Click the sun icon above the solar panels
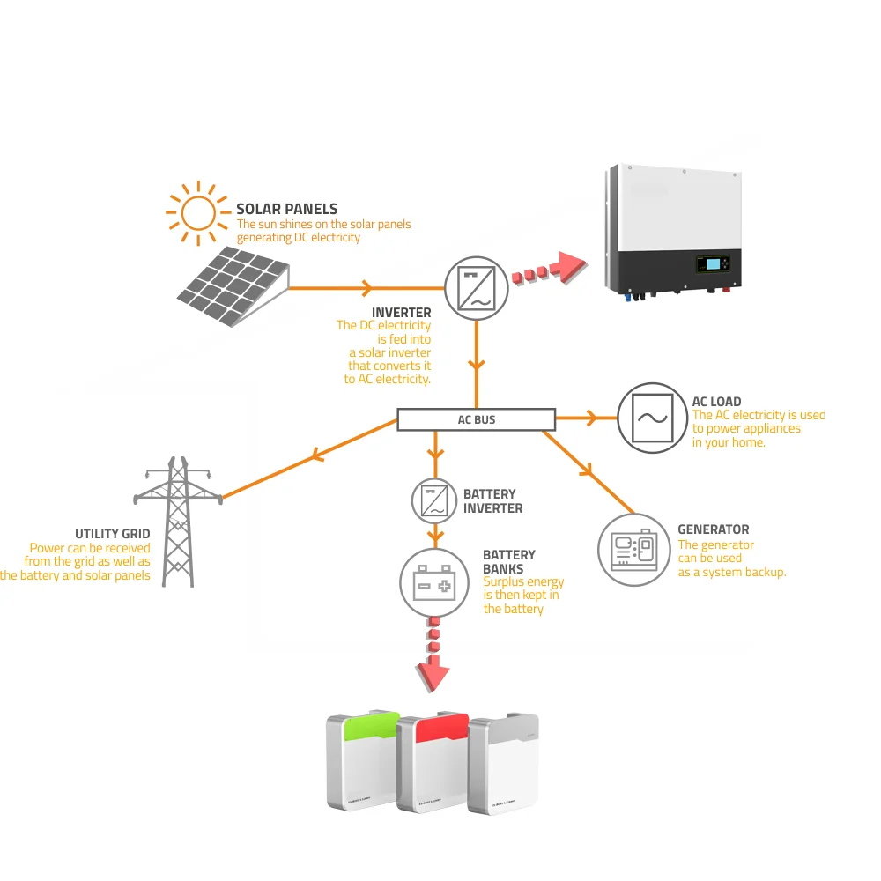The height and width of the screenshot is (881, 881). point(198,212)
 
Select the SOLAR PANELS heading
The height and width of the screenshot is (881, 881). point(287,209)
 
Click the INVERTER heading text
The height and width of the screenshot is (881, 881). point(402,313)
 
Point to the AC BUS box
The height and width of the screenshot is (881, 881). point(477,420)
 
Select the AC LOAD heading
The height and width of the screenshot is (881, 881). point(716,402)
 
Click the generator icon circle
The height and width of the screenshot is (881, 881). point(634,550)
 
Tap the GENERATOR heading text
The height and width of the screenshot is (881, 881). point(714,529)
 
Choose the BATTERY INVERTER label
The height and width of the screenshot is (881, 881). point(492,501)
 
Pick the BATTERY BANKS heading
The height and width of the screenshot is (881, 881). point(508,562)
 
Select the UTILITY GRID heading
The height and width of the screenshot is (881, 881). point(113,534)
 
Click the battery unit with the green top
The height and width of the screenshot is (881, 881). point(363,761)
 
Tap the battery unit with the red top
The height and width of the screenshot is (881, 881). point(432,763)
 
